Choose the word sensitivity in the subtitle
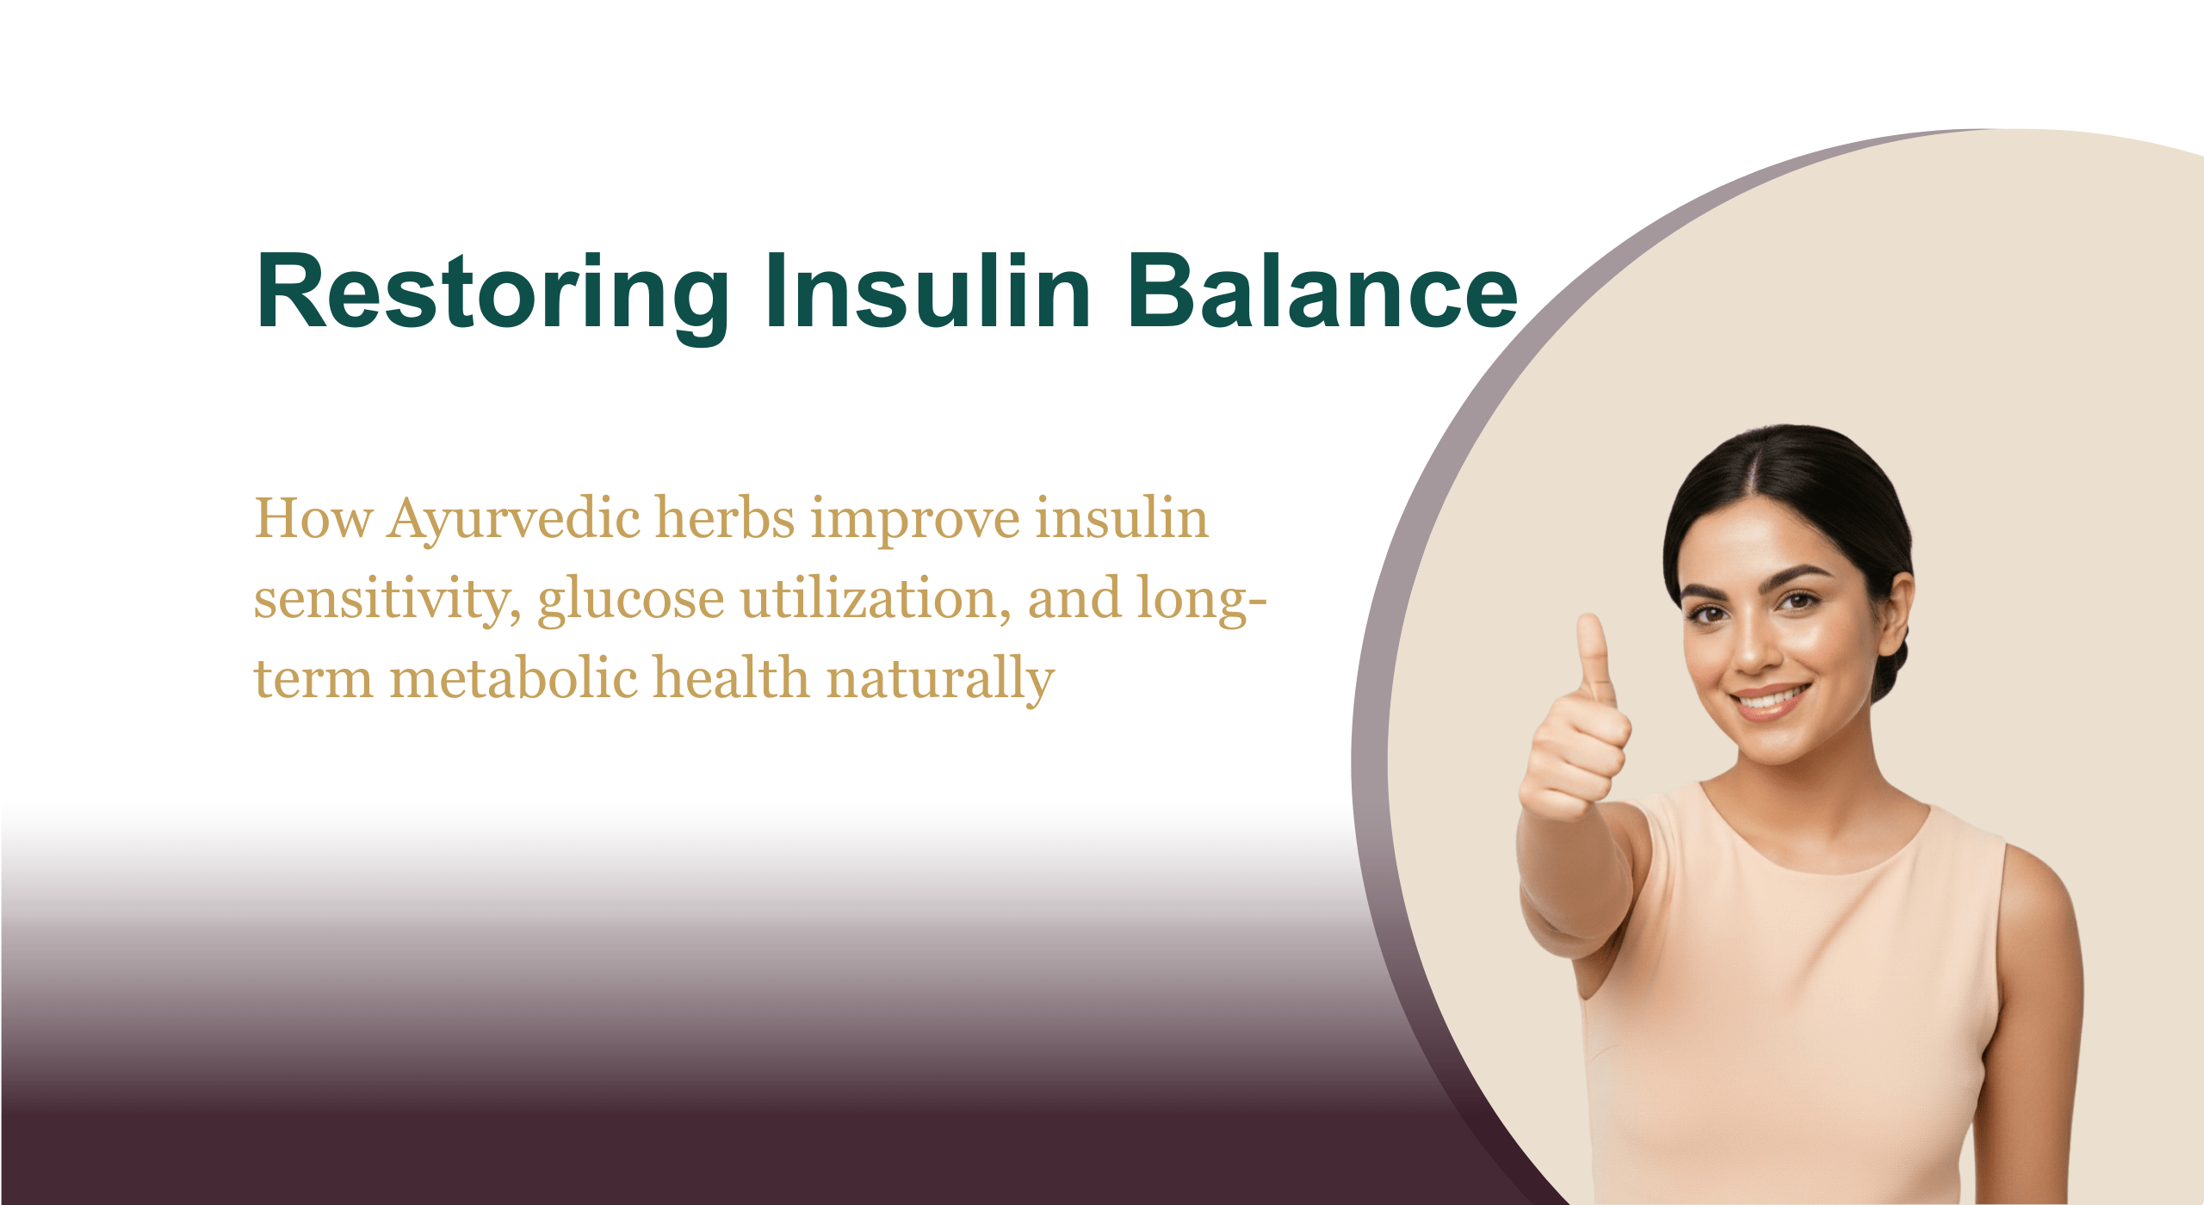click(x=387, y=599)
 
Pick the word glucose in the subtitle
click(x=631, y=599)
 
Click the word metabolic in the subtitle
click(x=513, y=677)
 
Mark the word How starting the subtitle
click(x=313, y=519)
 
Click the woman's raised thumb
click(x=1594, y=654)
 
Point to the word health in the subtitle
click(x=732, y=677)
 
